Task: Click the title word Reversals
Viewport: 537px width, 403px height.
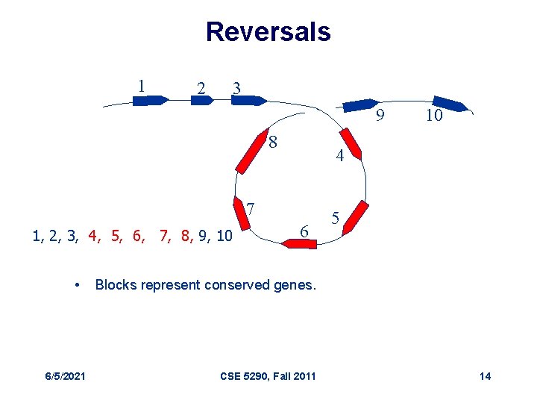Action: tap(268, 31)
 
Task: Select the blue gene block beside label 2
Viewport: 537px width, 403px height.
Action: tap(202, 100)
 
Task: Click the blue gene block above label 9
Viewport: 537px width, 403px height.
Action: tap(360, 105)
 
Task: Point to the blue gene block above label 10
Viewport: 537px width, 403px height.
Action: tap(449, 104)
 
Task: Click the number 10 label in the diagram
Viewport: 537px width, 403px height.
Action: tap(434, 116)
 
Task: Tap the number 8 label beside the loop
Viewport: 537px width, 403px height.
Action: tap(274, 141)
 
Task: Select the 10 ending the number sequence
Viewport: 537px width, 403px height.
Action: tap(224, 237)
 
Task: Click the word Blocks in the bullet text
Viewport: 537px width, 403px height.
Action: tap(114, 285)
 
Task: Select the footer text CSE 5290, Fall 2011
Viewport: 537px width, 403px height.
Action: tap(268, 375)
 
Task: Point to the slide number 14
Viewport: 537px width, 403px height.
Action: tap(485, 375)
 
